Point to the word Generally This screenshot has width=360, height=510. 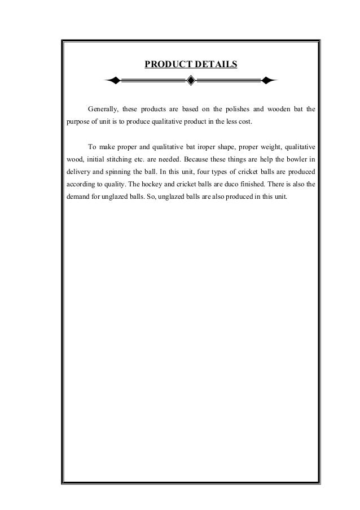pyautogui.click(x=102, y=108)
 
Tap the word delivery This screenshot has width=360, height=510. pyautogui.click(x=80, y=172)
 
